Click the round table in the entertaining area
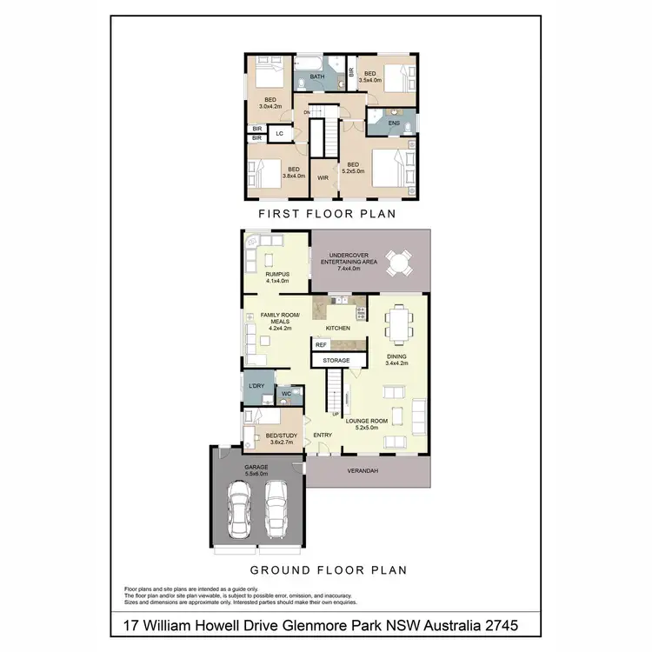(401, 262)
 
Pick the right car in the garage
(276, 509)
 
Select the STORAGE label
(336, 360)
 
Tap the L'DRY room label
(256, 385)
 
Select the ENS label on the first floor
(393, 123)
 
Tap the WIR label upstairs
(323, 177)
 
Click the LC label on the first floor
(279, 134)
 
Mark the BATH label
(317, 77)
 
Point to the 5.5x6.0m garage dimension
(256, 474)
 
